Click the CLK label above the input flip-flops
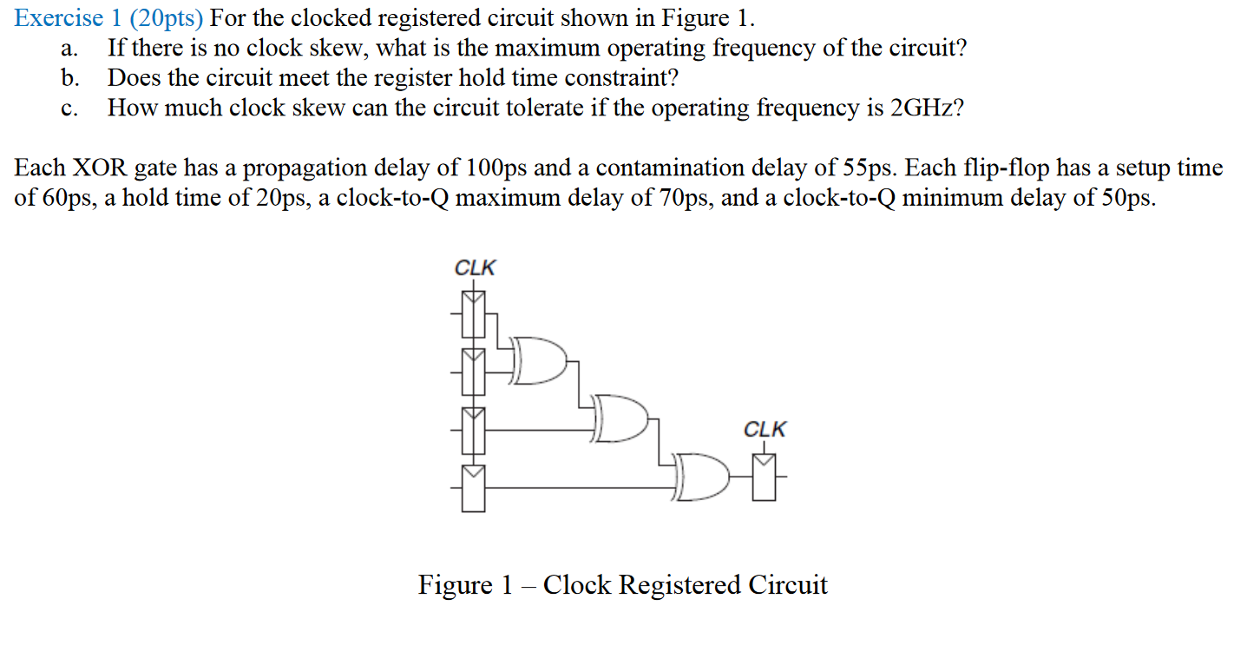tap(475, 267)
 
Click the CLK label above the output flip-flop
tap(765, 429)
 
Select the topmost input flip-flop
tap(473, 313)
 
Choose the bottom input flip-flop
tap(473, 487)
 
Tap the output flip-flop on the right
tap(765, 477)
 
